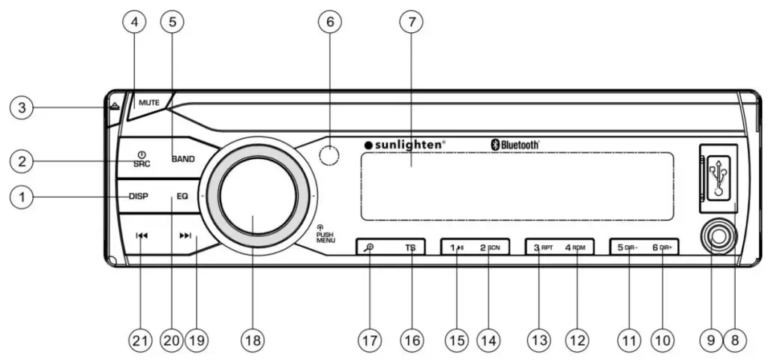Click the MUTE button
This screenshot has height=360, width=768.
[148, 100]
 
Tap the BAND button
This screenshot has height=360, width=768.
[182, 159]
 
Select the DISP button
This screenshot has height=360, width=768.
[139, 197]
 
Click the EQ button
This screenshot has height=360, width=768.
[182, 197]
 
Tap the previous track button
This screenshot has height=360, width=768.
[142, 235]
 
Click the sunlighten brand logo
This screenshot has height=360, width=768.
[404, 144]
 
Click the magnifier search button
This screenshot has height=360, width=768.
[369, 247]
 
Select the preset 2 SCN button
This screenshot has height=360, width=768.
[490, 247]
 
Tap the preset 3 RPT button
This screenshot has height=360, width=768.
[541, 247]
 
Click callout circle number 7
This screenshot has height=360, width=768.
[410, 22]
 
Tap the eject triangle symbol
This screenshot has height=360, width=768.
[112, 107]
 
